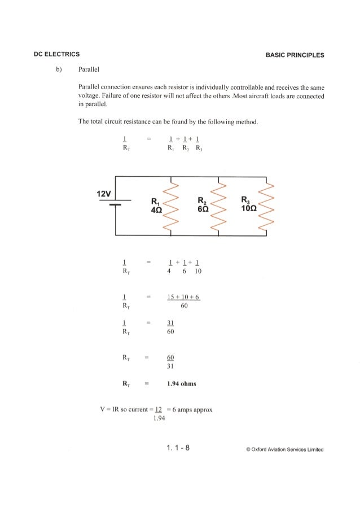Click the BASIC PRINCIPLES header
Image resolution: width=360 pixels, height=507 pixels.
click(x=297, y=55)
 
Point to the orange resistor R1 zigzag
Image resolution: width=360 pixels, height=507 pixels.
click(x=169, y=207)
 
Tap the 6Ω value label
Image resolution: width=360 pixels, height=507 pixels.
click(x=201, y=208)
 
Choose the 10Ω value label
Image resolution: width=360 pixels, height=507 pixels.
click(x=249, y=208)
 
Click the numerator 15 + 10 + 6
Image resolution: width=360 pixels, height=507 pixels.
click(x=185, y=297)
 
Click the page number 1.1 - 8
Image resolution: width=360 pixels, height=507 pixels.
click(x=178, y=448)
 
